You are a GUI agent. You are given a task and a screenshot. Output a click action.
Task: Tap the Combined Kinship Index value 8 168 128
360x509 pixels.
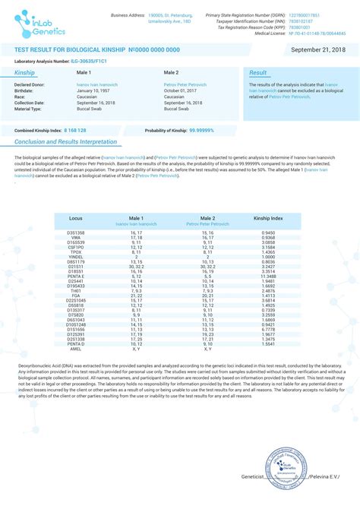pyautogui.click(x=80, y=131)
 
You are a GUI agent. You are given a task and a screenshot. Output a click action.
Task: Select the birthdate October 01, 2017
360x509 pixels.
pyautogui.click(x=182, y=92)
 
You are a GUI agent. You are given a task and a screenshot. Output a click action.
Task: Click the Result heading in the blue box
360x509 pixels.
pyautogui.click(x=261, y=73)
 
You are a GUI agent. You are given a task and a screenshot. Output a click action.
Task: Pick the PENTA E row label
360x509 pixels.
pyautogui.click(x=75, y=276)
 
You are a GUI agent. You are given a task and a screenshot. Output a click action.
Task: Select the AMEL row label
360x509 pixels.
pyautogui.click(x=75, y=348)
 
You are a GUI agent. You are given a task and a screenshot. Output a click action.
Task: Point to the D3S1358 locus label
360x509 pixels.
pyautogui.click(x=75, y=232)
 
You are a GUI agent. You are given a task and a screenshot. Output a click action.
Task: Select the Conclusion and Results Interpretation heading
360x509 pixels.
pyautogui.click(x=65, y=142)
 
